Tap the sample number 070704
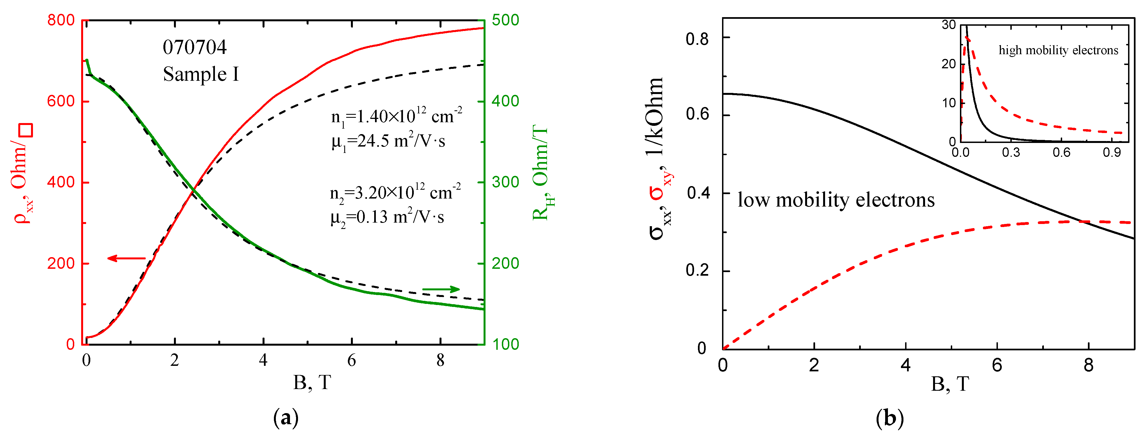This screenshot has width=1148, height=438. [195, 48]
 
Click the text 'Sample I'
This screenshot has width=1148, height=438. [201, 74]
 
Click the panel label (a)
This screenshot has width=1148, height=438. [285, 418]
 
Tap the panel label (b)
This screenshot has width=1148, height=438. [890, 418]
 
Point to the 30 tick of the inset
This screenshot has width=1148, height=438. [949, 25]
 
